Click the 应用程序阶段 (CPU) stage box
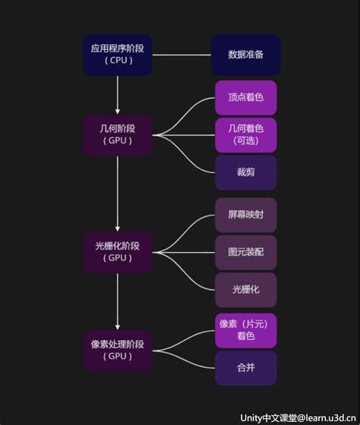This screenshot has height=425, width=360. pyautogui.click(x=118, y=55)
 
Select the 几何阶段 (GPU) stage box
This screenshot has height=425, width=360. pyautogui.click(x=118, y=134)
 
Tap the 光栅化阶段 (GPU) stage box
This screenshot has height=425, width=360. pyautogui.click(x=118, y=252)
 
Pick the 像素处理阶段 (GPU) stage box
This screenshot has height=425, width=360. pyautogui.click(x=118, y=350)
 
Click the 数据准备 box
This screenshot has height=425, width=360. pyautogui.click(x=245, y=55)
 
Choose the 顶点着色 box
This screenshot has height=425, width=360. pyautogui.click(x=245, y=98)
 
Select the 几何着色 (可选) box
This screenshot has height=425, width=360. pyautogui.click(x=245, y=134)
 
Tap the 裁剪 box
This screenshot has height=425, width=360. pyautogui.click(x=245, y=172)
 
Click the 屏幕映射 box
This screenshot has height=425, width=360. pyautogui.click(x=245, y=215)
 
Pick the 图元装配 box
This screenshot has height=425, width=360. pyautogui.click(x=245, y=252)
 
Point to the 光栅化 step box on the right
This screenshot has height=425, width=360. pyautogui.click(x=245, y=289)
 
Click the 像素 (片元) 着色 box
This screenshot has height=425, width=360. pyautogui.click(x=245, y=329)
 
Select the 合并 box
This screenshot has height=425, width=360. pyautogui.click(x=245, y=367)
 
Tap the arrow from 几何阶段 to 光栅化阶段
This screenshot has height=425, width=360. pyautogui.click(x=118, y=194)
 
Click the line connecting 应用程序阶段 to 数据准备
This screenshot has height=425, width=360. pyautogui.click(x=182, y=55)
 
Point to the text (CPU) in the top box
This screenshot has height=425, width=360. pyautogui.click(x=118, y=61)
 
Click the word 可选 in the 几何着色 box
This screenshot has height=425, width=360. pyautogui.click(x=245, y=141)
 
